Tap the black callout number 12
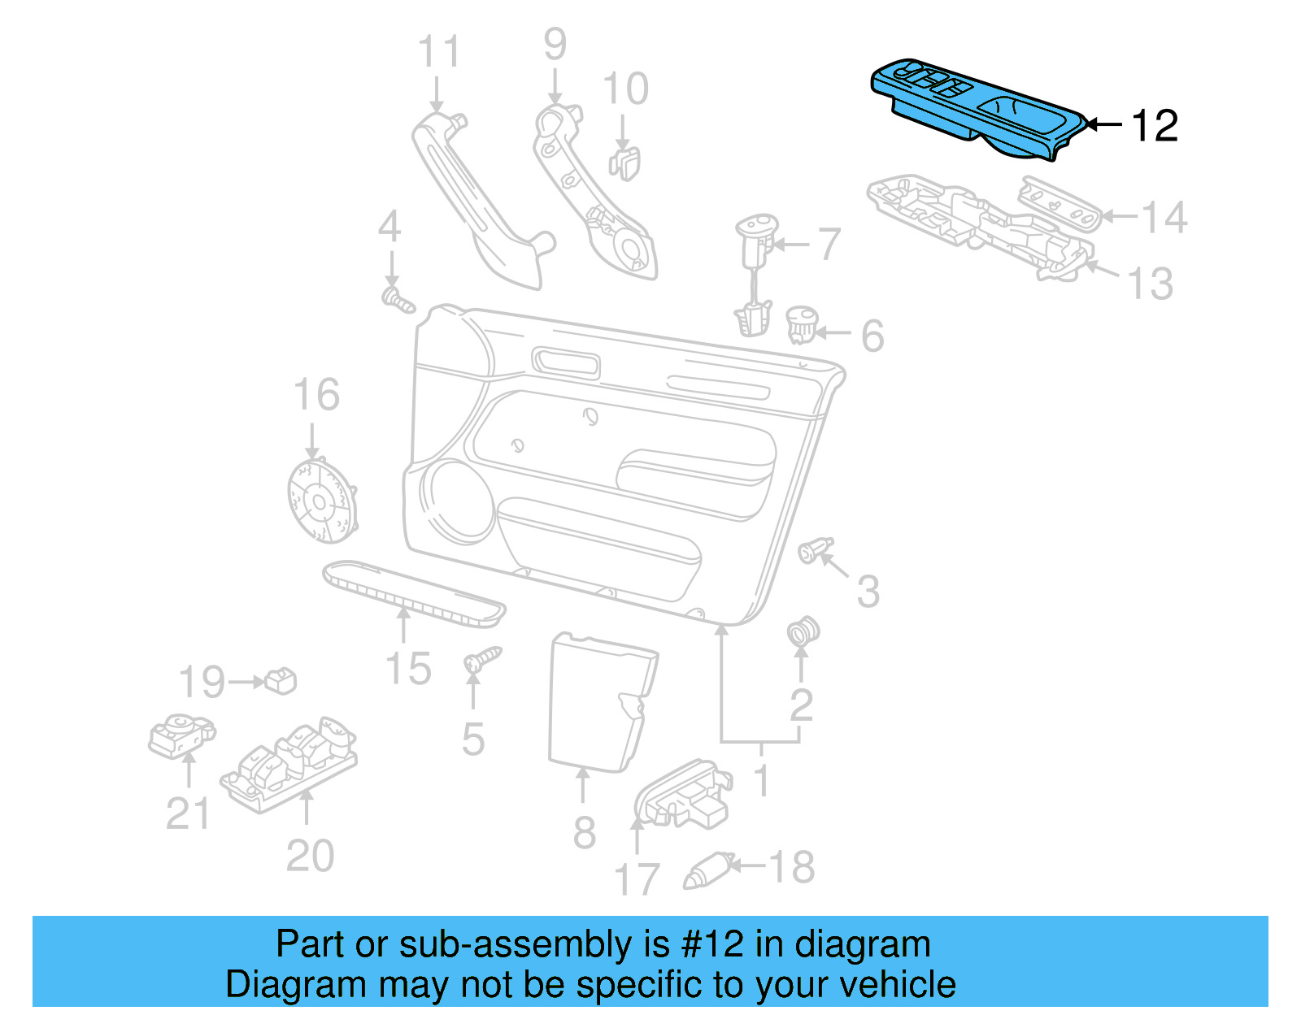1154,126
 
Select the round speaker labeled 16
322,501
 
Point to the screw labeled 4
398,299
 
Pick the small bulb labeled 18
707,870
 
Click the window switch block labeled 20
289,764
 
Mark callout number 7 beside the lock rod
828,244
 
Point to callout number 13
1150,284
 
